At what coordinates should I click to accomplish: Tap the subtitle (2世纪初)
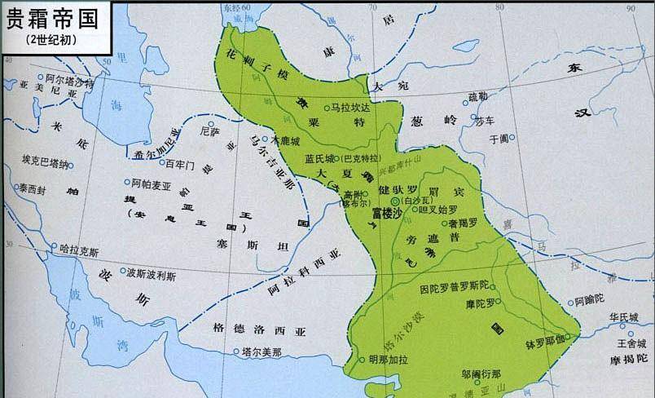tap(51, 39)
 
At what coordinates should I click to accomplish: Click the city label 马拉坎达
tap(353, 107)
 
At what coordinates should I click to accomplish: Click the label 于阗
tap(498, 139)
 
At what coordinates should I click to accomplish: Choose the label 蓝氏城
tap(319, 158)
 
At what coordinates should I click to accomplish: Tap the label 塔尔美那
tap(261, 352)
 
